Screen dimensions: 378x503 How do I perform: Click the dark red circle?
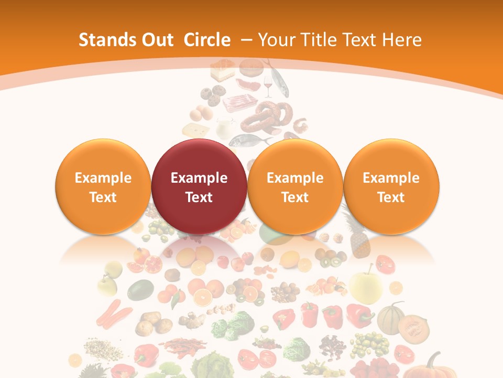199,186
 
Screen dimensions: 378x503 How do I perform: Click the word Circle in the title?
207,40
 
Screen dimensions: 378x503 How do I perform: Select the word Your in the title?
276,40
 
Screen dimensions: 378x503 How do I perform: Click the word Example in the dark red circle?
199,178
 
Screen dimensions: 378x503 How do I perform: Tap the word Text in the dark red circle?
199,197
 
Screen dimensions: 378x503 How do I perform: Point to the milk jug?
224,128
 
